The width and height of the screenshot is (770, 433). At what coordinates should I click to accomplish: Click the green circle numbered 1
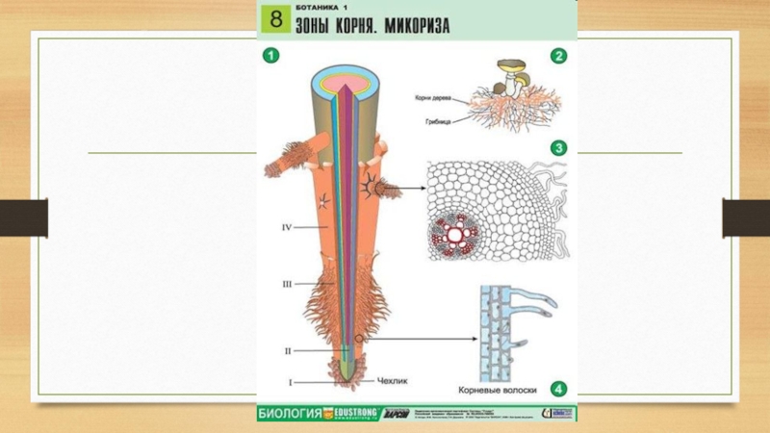(272, 56)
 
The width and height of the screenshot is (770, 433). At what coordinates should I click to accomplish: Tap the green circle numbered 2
(558, 56)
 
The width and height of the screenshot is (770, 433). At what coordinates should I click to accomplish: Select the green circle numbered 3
(558, 148)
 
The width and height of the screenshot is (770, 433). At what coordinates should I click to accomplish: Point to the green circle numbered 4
(558, 389)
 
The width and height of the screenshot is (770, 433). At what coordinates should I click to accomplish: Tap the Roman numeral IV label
(286, 227)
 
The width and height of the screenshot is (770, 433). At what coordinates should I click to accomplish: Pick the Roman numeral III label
(286, 285)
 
